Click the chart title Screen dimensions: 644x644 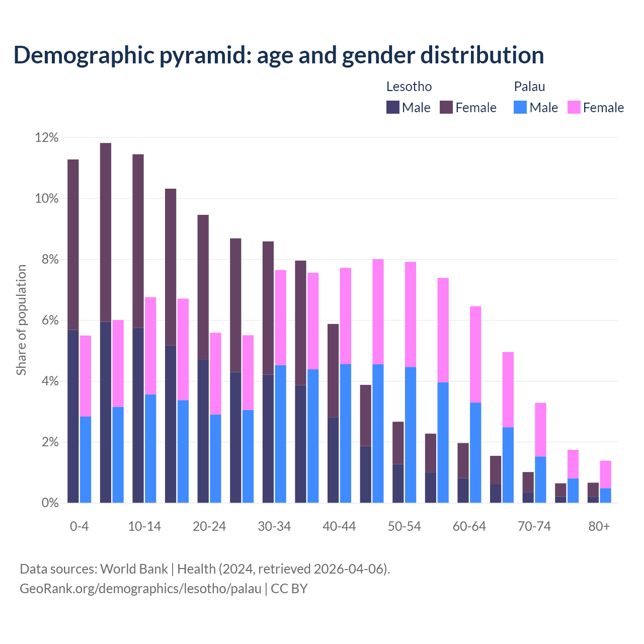[x=279, y=55]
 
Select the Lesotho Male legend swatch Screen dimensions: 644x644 [x=393, y=107]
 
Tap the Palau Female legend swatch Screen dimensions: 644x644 [x=574, y=107]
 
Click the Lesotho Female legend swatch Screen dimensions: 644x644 [x=446, y=107]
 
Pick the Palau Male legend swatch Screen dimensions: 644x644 [x=520, y=107]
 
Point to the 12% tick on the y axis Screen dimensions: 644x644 [x=46, y=138]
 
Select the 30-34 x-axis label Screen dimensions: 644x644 [x=274, y=527]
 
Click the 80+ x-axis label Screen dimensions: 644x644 [x=599, y=527]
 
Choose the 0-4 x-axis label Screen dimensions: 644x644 [x=79, y=527]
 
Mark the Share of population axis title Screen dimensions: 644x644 [x=21, y=320]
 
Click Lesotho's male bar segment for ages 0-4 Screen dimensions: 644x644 [x=73, y=416]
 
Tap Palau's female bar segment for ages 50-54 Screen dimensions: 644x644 [x=411, y=314]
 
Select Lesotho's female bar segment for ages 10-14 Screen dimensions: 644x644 [x=138, y=241]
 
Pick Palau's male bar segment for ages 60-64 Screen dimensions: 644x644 [x=475, y=452]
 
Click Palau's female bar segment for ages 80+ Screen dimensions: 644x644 [x=605, y=474]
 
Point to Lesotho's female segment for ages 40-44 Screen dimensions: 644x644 [x=333, y=370]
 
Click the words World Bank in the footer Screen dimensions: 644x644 [x=134, y=569]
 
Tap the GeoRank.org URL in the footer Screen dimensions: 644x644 [x=140, y=589]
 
